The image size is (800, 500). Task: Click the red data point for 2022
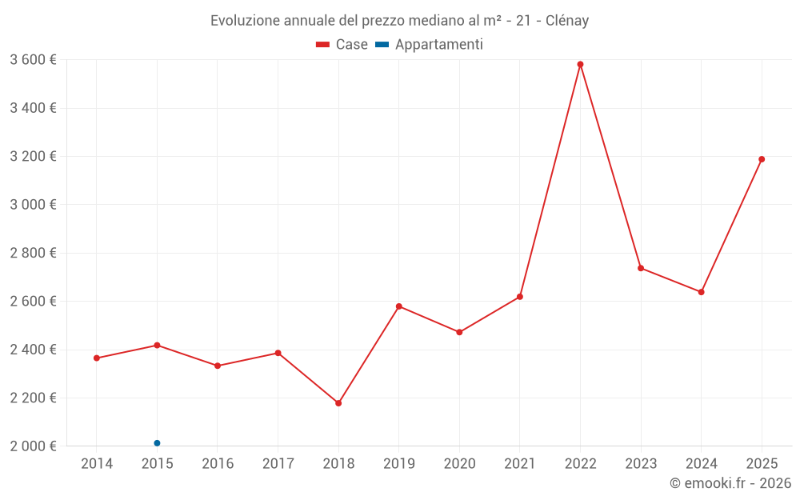coord(580,65)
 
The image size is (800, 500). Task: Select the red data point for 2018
coord(338,403)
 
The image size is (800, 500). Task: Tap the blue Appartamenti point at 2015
coord(157,443)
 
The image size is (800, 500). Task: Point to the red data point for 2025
coord(762,159)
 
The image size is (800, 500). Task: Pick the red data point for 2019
coord(399,306)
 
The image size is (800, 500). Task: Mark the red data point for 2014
coord(97,358)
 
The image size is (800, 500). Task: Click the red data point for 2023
coord(641,268)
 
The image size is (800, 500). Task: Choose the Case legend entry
coord(342,45)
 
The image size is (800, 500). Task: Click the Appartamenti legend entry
coord(430,45)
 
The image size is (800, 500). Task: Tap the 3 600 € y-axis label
coord(33,60)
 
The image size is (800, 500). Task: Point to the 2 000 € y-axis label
coord(33,446)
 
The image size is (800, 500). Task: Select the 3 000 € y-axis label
coord(33,205)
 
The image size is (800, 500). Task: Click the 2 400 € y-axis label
coord(33,350)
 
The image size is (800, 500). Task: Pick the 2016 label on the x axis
coord(218,464)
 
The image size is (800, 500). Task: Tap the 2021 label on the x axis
coord(520,464)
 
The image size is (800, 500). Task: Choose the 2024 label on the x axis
coord(701,464)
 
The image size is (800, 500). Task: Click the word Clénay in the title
coord(567,21)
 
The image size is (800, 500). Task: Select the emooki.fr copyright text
coord(730,483)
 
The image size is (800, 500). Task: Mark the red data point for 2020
coord(459,332)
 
